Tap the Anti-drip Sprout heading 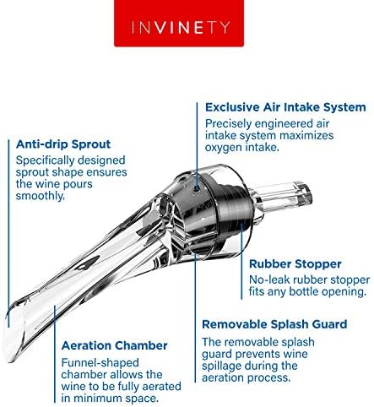point(61,144)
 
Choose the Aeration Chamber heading point(113,345)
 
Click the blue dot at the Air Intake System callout point(197,108)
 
